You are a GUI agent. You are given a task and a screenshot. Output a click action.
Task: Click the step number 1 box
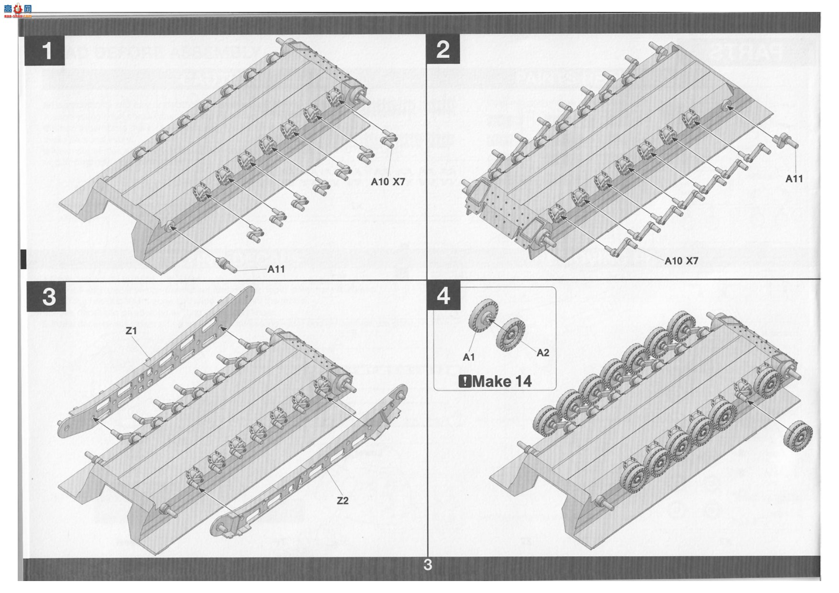tap(45, 50)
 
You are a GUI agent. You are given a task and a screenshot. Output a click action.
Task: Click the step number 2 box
tap(443, 49)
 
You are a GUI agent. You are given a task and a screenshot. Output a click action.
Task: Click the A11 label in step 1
tap(276, 269)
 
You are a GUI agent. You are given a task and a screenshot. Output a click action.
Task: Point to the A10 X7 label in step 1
tap(388, 182)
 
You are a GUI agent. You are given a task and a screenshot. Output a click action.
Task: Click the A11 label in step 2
tap(794, 178)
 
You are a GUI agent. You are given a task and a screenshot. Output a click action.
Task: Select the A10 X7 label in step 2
tap(682, 261)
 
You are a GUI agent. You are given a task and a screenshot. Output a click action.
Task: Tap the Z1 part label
tap(131, 330)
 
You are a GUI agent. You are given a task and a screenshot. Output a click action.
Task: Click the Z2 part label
tap(342, 501)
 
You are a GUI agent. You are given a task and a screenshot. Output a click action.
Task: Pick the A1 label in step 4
tap(469, 357)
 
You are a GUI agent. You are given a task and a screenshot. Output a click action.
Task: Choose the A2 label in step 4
tap(543, 353)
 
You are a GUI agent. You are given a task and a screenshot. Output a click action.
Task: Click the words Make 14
tap(502, 381)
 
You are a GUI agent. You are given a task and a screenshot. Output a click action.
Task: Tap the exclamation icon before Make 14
tap(464, 381)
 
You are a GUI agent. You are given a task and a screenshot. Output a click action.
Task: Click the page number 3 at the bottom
tap(428, 565)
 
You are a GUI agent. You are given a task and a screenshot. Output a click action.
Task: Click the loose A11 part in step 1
tap(227, 264)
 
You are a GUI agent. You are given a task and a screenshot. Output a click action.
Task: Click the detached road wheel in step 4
tap(798, 436)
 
